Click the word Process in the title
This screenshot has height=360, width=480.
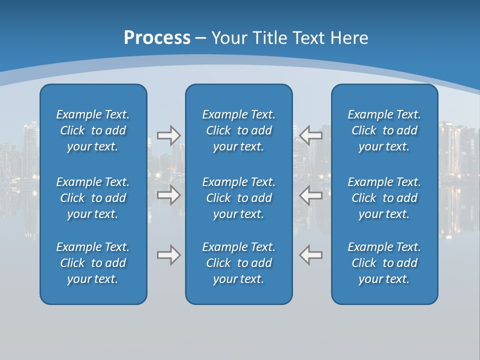pos(157,38)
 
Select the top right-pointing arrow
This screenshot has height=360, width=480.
pos(168,135)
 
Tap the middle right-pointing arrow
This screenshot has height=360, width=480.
pos(168,195)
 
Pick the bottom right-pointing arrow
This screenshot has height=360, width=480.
pos(168,255)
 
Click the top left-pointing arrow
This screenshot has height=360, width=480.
pos(311,135)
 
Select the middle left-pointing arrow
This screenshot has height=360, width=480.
pos(311,195)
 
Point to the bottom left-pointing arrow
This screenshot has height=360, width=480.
pos(311,255)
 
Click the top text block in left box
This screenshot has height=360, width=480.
pos(93,130)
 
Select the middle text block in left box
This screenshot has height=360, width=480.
pos(93,198)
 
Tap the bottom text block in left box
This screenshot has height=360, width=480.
pos(93,263)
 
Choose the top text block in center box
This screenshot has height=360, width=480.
pos(238,130)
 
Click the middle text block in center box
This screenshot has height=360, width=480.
pos(238,198)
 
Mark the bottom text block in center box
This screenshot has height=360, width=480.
pos(238,263)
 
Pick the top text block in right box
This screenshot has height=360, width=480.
pos(384,130)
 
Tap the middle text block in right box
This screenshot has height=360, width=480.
pos(384,198)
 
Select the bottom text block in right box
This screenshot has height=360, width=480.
pos(384,263)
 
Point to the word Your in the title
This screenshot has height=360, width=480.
pos(227,38)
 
